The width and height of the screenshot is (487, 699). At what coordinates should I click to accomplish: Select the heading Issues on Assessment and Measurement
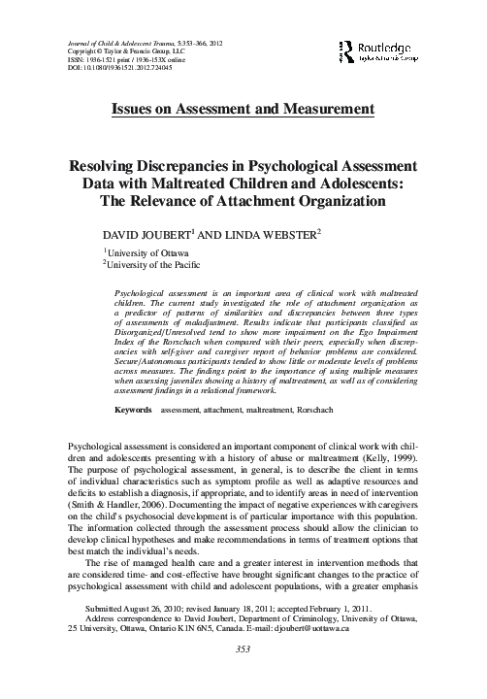point(243,108)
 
